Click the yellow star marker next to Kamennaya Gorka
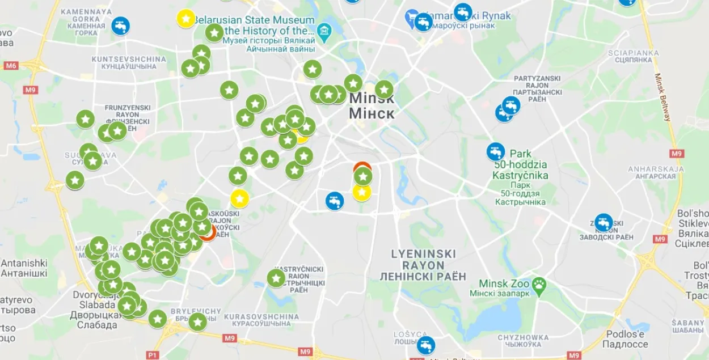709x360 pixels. pyautogui.click(x=185, y=18)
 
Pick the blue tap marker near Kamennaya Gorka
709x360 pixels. pyautogui.click(x=120, y=26)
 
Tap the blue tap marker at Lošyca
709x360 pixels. pyautogui.click(x=425, y=345)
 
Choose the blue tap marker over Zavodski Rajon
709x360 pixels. pyautogui.click(x=604, y=222)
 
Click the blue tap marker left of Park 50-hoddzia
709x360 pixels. pyautogui.click(x=496, y=151)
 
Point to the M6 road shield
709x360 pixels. pyautogui.click(x=11, y=66)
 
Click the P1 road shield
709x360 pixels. pyautogui.click(x=152, y=355)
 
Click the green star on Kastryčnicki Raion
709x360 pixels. pyautogui.click(x=276, y=278)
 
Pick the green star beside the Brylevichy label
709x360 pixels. pyautogui.click(x=197, y=321)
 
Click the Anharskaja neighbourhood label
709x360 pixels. pyautogui.click(x=652, y=172)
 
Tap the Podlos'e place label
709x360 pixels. pyautogui.click(x=626, y=339)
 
